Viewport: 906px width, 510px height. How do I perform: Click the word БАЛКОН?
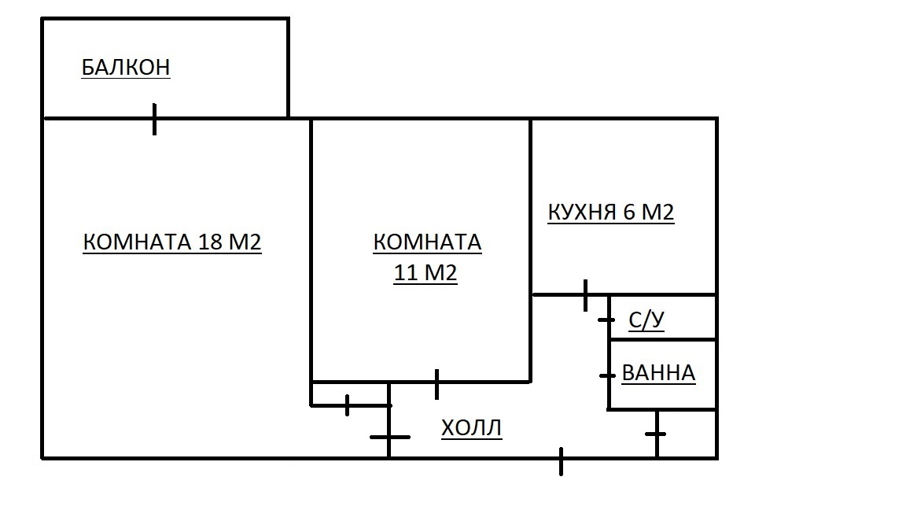(x=126, y=68)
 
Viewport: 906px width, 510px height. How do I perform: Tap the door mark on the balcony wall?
(x=154, y=119)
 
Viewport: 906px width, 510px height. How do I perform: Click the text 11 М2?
(x=425, y=274)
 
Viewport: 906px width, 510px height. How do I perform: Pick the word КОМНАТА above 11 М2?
(x=427, y=242)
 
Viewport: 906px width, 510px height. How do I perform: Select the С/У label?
(x=646, y=321)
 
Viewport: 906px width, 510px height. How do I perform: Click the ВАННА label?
(x=658, y=373)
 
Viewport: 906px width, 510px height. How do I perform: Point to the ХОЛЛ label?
(x=471, y=429)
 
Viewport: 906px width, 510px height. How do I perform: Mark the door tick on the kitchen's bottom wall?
(x=585, y=295)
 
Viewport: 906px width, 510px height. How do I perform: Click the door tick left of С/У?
(x=607, y=320)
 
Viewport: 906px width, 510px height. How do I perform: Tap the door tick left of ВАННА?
(x=607, y=375)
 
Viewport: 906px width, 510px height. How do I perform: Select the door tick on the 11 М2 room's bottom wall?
(x=436, y=383)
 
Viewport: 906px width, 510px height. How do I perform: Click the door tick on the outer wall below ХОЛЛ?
(x=561, y=460)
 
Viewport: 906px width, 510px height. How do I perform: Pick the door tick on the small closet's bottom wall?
(x=347, y=405)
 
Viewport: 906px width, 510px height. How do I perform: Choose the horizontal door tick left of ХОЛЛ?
(x=389, y=437)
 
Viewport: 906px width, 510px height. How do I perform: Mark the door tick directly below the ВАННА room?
(x=657, y=434)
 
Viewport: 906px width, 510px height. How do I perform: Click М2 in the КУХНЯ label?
(x=659, y=213)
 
